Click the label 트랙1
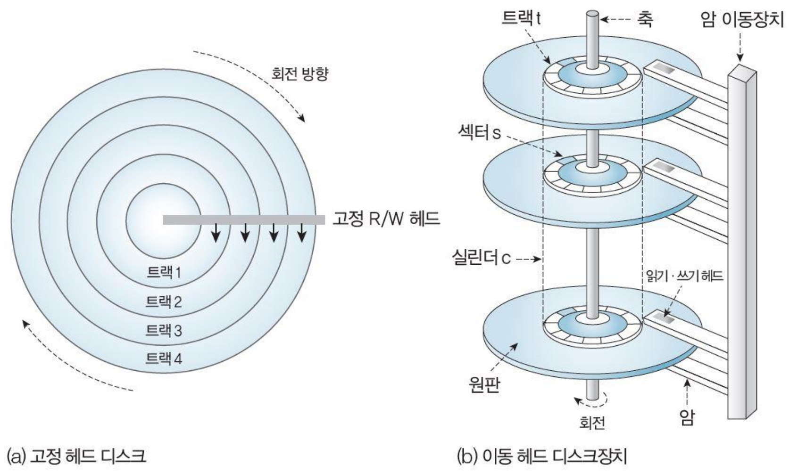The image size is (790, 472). pos(164,272)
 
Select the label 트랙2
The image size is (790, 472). pos(164,301)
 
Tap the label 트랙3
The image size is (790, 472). pos(164,331)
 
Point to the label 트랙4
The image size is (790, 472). pos(164,359)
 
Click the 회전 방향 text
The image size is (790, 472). pos(299,74)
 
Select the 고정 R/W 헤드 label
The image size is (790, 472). pos(386,219)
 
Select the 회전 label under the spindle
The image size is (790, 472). pos(592,423)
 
